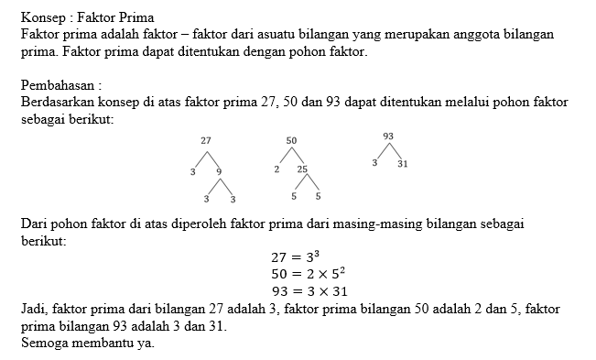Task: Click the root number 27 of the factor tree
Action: click(206, 141)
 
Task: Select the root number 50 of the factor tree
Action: click(291, 141)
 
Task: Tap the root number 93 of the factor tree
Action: click(389, 136)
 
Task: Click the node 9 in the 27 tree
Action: click(219, 171)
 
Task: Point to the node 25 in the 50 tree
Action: click(302, 169)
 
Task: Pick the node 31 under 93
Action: click(402, 163)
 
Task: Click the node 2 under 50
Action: click(276, 169)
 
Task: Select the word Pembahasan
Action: click(57, 85)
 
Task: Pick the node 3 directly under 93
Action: click(375, 163)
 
